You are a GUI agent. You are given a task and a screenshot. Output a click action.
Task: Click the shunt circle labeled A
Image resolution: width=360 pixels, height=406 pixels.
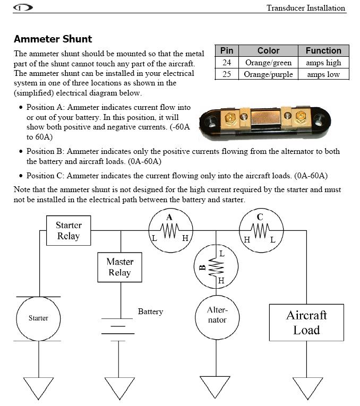click(x=170, y=209)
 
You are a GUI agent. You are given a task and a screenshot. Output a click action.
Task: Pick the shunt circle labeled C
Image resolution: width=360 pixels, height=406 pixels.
click(x=261, y=209)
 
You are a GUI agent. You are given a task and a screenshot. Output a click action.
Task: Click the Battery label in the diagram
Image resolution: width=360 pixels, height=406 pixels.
click(x=150, y=312)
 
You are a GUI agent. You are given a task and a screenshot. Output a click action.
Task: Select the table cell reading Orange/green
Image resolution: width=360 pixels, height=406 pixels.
click(x=268, y=63)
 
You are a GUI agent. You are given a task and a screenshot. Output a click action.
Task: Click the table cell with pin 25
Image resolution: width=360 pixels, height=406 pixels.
click(x=227, y=74)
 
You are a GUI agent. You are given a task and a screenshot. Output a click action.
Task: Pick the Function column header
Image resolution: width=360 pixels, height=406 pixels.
click(x=323, y=50)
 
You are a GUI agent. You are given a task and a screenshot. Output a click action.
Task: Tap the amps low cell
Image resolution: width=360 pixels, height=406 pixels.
click(x=323, y=74)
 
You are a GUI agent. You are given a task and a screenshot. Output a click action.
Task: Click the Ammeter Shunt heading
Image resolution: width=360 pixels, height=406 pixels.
click(x=53, y=39)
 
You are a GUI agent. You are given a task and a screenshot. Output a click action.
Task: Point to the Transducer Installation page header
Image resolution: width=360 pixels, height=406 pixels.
click(x=306, y=8)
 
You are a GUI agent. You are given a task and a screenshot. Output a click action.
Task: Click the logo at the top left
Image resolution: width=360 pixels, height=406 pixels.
click(x=23, y=7)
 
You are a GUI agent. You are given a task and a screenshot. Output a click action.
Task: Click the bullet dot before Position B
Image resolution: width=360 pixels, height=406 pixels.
click(x=21, y=151)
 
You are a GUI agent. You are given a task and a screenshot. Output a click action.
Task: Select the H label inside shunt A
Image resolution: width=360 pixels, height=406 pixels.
click(x=185, y=238)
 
